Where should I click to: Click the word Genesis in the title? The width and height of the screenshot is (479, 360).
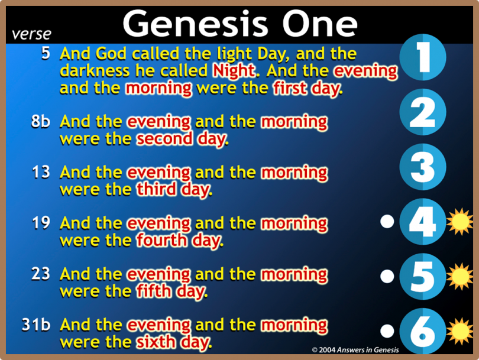[196, 24]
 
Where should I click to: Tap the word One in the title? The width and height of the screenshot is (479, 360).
[319, 24]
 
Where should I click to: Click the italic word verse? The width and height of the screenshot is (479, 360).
[31, 34]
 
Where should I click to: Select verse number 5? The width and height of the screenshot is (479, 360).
[46, 53]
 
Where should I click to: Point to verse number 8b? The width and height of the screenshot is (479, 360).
[41, 121]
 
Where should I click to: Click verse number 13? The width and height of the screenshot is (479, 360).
[41, 172]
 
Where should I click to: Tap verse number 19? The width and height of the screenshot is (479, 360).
[41, 223]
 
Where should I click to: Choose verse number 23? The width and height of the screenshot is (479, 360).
[41, 273]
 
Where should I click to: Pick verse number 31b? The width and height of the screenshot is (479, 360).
[36, 325]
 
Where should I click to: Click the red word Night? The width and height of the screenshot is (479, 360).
[234, 71]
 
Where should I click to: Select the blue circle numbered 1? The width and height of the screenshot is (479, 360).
[423, 57]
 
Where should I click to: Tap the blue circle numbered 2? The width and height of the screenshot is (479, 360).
[423, 112]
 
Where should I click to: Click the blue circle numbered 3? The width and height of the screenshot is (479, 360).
[423, 167]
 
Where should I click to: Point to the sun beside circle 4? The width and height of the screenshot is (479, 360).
[459, 222]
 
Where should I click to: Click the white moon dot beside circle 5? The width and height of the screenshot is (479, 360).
[387, 277]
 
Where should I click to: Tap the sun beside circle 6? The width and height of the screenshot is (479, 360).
[459, 331]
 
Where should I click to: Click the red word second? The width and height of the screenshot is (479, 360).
[164, 139]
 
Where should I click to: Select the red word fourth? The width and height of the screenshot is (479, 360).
[162, 241]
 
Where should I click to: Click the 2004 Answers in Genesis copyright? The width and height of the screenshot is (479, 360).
[355, 350]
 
